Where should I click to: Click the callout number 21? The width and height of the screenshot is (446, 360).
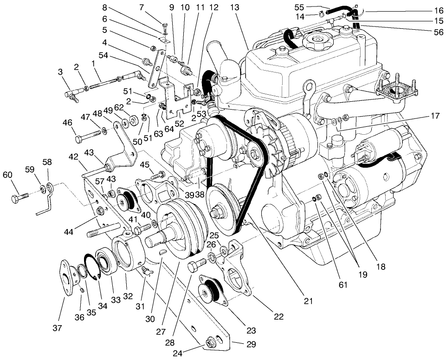click(x=293, y=301)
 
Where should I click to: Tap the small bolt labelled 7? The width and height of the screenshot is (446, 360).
click(x=165, y=26)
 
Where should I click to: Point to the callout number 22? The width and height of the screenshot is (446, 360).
click(x=278, y=317)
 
